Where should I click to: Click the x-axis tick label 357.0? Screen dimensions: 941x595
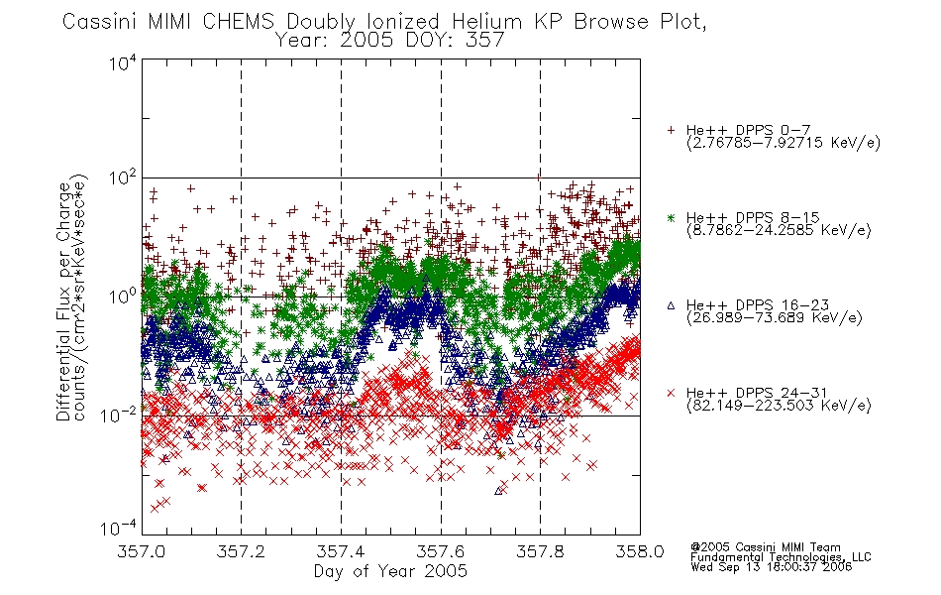(141, 551)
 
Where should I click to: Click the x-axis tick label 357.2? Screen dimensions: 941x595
(241, 551)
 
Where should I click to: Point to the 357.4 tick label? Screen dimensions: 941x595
(341, 551)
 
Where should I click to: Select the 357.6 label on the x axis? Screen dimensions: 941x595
(441, 551)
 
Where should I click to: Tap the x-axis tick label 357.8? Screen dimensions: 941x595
(540, 551)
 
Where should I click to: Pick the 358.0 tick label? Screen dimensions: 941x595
(640, 551)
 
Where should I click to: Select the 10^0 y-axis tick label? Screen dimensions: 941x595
(123, 297)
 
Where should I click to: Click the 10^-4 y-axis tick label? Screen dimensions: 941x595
(119, 528)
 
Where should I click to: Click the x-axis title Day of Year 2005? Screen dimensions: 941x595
(390, 571)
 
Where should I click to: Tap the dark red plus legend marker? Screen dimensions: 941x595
(671, 130)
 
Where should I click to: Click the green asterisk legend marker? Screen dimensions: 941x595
(671, 217)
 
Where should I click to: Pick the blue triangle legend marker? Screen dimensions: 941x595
(671, 305)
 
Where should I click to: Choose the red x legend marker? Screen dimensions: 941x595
(671, 393)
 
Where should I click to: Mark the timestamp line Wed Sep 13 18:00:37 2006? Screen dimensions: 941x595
(772, 567)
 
